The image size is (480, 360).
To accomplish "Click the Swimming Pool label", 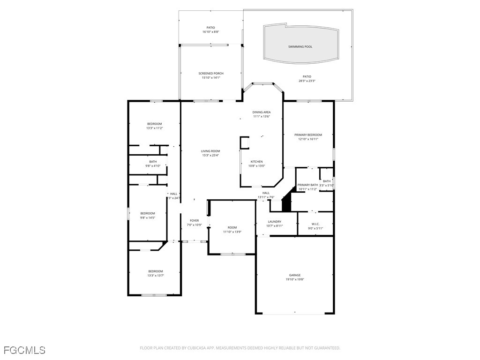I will [300, 47].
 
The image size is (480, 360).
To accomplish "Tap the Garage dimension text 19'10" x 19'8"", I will [295, 280].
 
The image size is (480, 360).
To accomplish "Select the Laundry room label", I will [275, 221].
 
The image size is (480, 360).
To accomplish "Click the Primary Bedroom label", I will [308, 135].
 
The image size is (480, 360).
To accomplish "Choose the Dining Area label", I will [262, 112].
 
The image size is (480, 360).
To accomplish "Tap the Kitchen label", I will [256, 161].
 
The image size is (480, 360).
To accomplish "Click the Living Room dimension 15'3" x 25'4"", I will [210, 156].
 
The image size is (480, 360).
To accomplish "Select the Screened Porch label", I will [211, 73].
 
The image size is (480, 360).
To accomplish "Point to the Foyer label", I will [194, 220].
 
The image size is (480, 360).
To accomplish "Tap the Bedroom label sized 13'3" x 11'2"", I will [155, 124].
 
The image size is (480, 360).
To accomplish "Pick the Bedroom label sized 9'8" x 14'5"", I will [148, 213].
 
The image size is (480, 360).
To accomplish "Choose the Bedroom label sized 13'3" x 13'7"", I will [156, 271].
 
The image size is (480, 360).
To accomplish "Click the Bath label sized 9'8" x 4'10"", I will [153, 161].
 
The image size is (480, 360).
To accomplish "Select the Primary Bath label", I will [307, 185].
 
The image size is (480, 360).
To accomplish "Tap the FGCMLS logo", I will [24, 350].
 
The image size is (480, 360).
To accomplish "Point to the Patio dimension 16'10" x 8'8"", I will [211, 32].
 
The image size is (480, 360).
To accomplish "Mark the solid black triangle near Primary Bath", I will [287, 204].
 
